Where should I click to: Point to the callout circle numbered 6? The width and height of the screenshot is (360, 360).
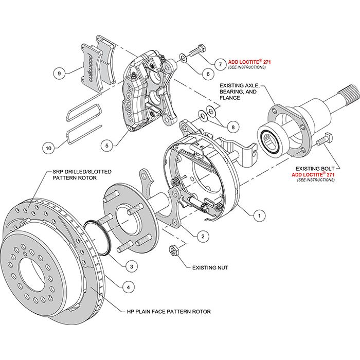[x=208, y=74]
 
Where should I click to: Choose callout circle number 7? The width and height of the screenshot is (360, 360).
[x=220, y=64]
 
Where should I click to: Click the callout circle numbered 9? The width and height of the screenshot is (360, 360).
[x=60, y=74]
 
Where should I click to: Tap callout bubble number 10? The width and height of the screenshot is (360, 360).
[x=48, y=148]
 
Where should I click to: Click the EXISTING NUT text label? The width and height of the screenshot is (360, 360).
[x=210, y=267]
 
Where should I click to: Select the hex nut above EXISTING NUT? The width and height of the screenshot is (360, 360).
[x=174, y=251]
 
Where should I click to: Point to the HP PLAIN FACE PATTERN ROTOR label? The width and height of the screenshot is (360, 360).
[x=169, y=312]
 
